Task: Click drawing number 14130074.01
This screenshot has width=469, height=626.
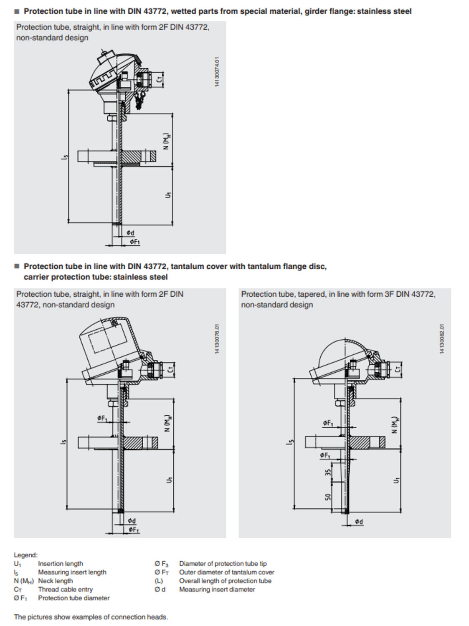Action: coord(217,72)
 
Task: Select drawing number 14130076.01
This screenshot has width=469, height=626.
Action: coord(217,339)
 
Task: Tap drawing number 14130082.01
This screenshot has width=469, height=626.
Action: coord(442,339)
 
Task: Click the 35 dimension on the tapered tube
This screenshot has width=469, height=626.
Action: coord(328,472)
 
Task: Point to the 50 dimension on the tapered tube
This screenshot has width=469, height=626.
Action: coord(328,497)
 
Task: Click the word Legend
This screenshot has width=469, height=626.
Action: coord(25,555)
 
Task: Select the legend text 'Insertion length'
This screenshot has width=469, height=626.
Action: coord(60,563)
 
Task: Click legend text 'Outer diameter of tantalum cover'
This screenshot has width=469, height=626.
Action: coord(226,572)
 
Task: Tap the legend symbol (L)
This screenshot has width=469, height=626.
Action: coord(159,581)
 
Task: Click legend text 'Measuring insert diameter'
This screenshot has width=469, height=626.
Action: coord(217,589)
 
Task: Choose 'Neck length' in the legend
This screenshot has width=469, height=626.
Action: coord(55,581)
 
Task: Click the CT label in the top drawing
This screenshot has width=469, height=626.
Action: coord(159,78)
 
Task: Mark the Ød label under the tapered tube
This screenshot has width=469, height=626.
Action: coord(359,522)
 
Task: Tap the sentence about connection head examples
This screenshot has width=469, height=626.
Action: coord(91,617)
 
